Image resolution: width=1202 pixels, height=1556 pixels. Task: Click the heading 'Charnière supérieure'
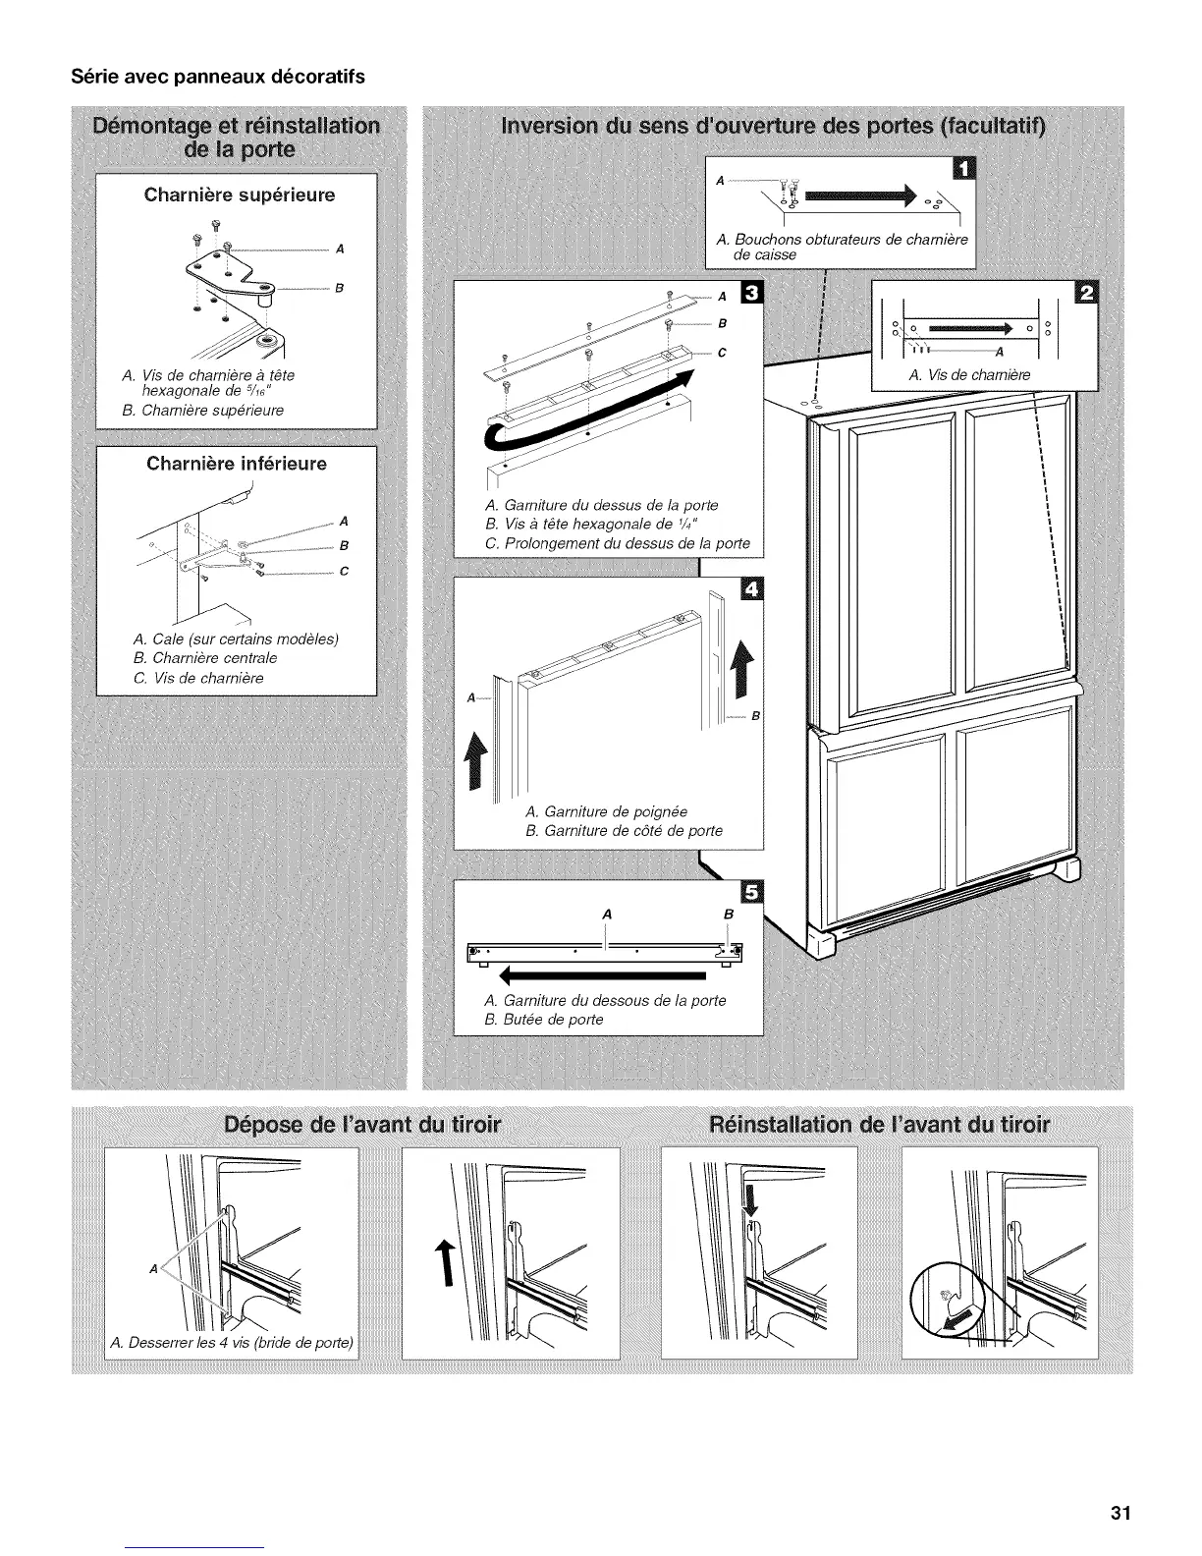239,194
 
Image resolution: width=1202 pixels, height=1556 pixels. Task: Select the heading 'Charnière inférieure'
236,463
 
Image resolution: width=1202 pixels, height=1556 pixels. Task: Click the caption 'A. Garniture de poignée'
606,811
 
